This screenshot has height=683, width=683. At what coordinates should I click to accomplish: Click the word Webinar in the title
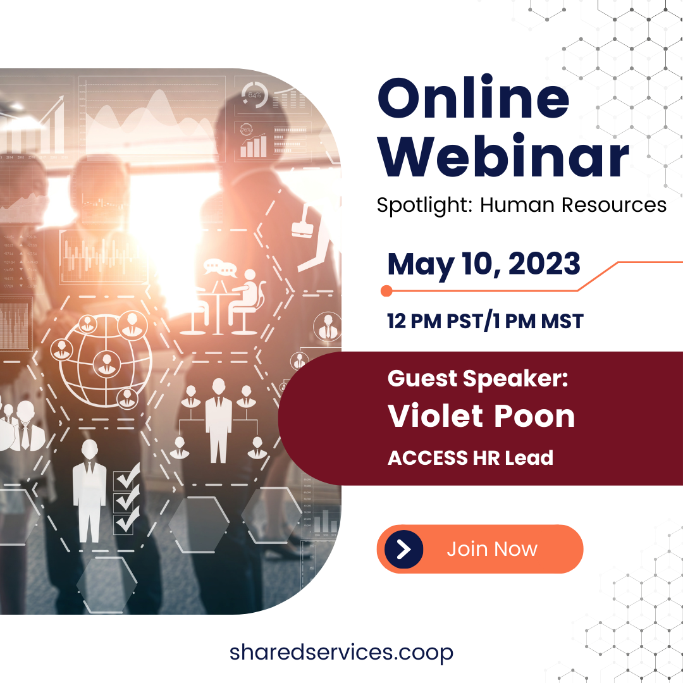(x=503, y=156)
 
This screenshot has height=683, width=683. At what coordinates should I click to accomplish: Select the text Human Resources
(x=573, y=205)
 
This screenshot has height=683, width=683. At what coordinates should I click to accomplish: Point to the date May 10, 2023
(x=484, y=264)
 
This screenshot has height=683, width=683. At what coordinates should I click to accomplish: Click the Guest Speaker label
(x=477, y=379)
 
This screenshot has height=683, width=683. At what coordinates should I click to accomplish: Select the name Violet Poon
(x=481, y=416)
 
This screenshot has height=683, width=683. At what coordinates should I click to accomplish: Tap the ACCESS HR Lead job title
(x=470, y=457)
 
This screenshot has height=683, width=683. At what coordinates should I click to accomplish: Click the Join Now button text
(x=492, y=549)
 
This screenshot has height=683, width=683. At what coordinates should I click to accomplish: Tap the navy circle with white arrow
(x=403, y=549)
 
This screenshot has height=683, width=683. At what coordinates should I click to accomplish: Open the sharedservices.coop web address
(x=341, y=652)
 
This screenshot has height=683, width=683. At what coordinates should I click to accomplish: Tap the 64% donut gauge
(x=254, y=95)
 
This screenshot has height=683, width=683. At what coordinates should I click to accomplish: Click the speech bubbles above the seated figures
(x=219, y=268)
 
